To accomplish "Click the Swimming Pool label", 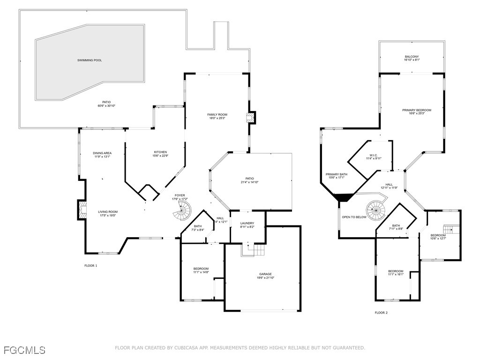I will (x=90, y=60).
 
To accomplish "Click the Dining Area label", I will (x=102, y=155).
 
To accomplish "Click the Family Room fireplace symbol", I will (x=253, y=117).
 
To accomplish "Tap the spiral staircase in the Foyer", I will (x=182, y=212).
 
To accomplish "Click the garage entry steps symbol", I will (x=253, y=250).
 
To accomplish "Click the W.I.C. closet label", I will (x=374, y=157).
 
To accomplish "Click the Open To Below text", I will (x=354, y=217).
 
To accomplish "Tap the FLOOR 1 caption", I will (x=90, y=266).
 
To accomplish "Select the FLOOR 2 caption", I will (x=381, y=313).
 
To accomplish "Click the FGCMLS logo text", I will (x=24, y=350).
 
